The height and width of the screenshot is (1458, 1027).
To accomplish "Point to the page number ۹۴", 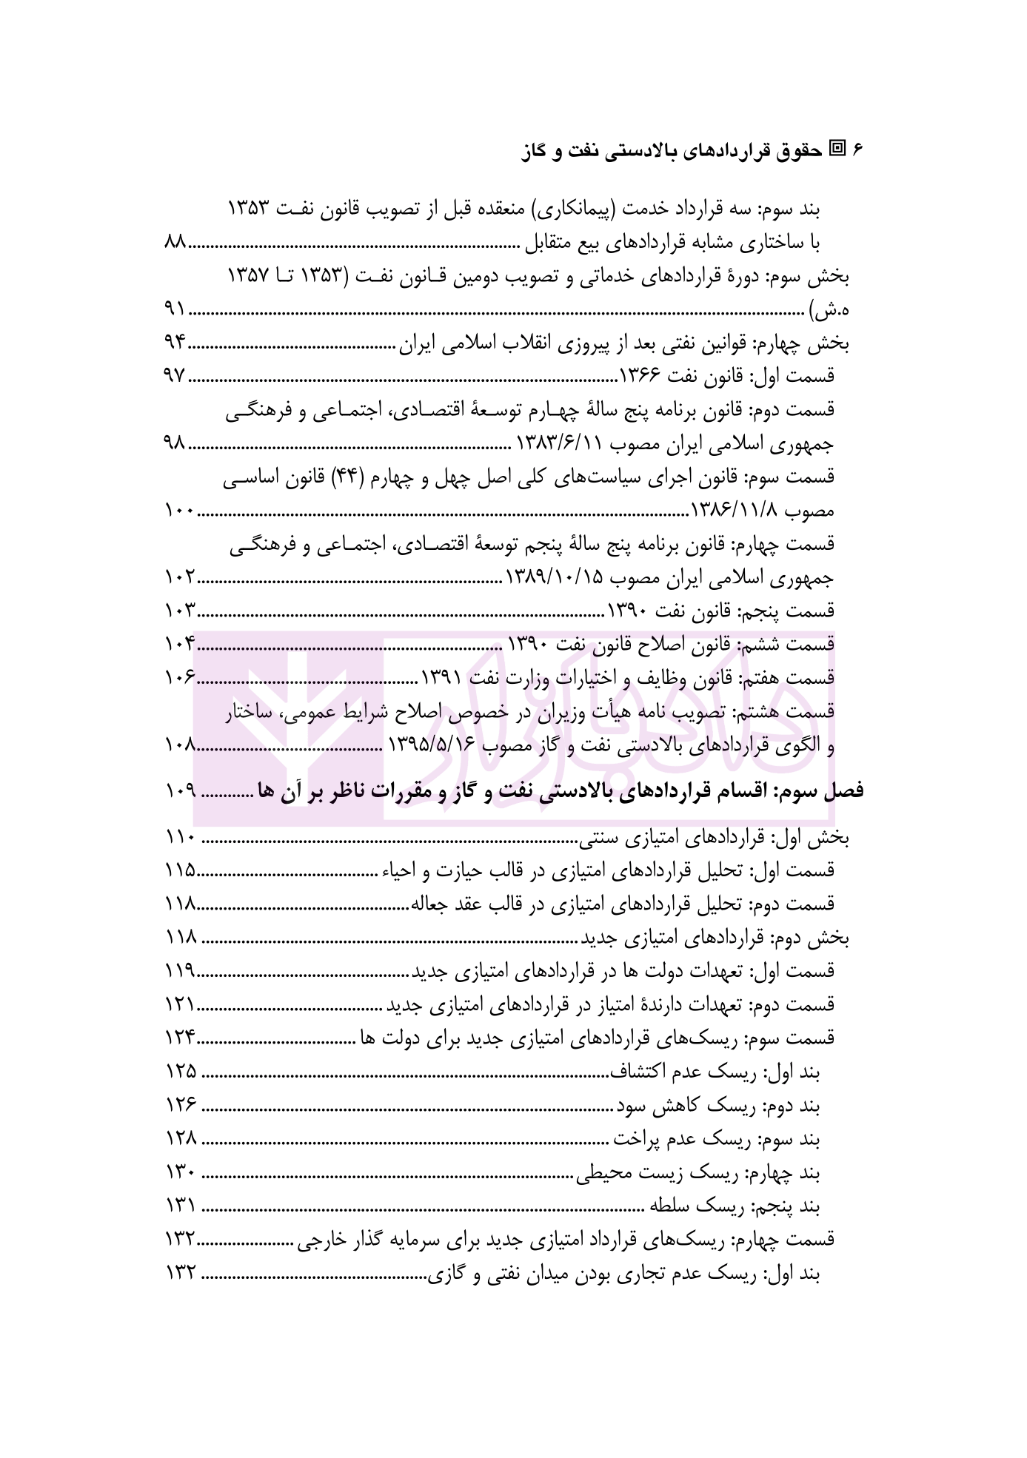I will [x=178, y=343].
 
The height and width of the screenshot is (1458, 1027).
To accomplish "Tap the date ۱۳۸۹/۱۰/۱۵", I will [x=555, y=578].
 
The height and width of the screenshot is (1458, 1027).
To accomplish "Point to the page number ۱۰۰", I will [x=178, y=511].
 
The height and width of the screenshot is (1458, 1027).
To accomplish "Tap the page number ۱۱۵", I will [x=180, y=870].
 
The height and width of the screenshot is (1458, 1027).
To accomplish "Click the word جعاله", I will [x=426, y=904].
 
